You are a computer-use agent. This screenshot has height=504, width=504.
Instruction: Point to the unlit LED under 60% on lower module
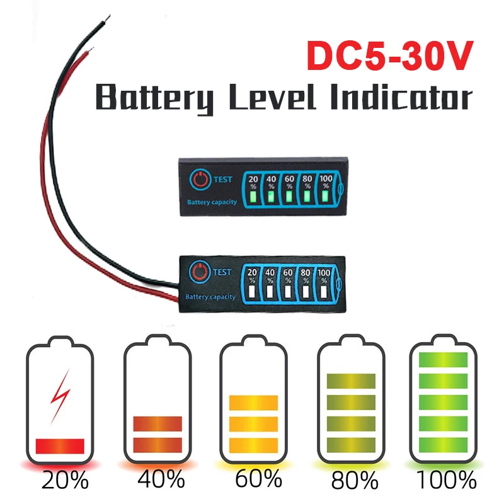click(287, 292)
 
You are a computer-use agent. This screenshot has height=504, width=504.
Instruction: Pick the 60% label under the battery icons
click(258, 481)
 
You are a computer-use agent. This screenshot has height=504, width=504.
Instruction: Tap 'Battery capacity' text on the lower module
click(210, 297)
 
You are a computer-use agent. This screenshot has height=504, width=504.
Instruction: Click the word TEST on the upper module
click(223, 179)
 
